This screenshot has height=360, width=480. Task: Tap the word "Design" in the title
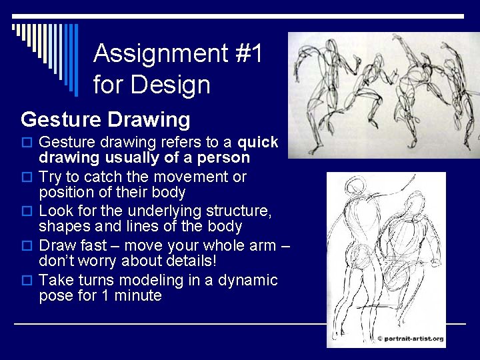(170, 85)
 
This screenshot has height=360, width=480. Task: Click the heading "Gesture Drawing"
(105, 120)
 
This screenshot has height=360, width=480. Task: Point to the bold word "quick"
(258, 143)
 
